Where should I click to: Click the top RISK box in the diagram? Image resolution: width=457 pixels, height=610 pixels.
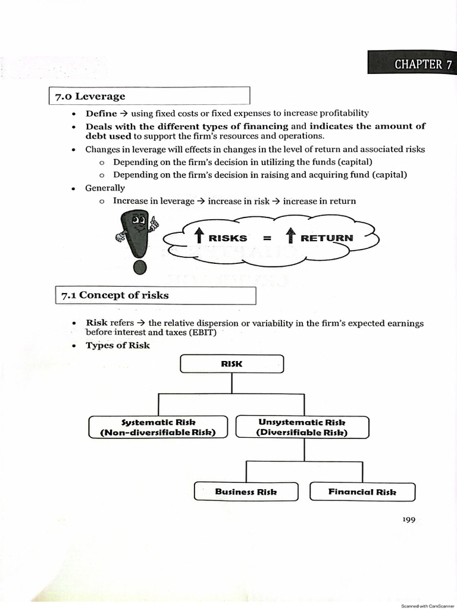(x=231, y=363)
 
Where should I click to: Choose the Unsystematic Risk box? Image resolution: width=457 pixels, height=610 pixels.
(x=302, y=427)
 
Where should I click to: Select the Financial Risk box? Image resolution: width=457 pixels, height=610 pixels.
(x=362, y=491)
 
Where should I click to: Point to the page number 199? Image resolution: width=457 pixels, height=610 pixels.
(x=408, y=520)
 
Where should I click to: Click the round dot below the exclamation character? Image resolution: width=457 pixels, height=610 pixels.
(x=140, y=267)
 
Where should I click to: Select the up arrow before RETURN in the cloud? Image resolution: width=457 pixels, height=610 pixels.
(x=291, y=237)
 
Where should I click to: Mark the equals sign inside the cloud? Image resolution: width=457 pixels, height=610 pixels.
(x=267, y=238)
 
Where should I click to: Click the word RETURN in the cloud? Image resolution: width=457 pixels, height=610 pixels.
(x=327, y=238)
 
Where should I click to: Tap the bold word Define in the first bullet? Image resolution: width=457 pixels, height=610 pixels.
(x=101, y=113)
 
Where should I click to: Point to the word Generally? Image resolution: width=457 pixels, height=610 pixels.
(x=105, y=188)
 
